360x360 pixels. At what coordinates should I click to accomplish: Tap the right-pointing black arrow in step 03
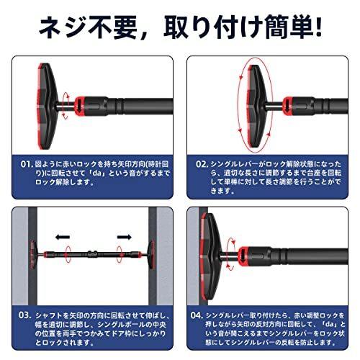pos(124,235)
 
